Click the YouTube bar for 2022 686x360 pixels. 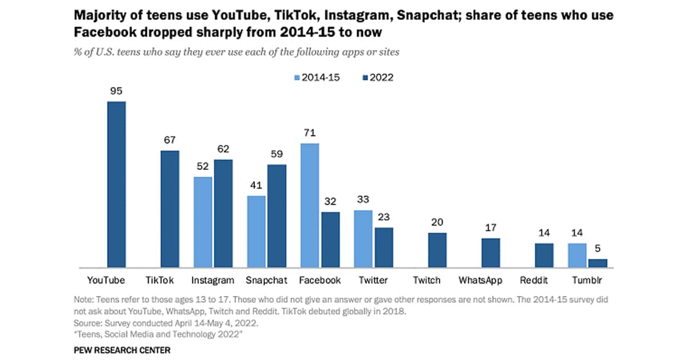pos(117,185)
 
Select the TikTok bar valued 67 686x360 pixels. pos(169,209)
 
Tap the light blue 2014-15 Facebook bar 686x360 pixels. pos(310,205)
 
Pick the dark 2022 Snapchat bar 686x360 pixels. pos(277,216)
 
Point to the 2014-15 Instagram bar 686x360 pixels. pos(203,222)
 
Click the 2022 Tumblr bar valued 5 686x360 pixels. pos(598,263)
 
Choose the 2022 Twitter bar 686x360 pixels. pos(384,247)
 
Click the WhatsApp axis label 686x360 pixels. pos(480,280)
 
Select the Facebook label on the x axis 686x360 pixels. pos(320,280)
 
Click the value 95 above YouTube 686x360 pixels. pos(117,90)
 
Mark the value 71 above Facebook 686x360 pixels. pos(310,133)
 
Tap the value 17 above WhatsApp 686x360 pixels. pos(490,227)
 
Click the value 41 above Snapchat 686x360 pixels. pos(256,185)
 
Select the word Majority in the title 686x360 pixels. pos(100,15)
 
